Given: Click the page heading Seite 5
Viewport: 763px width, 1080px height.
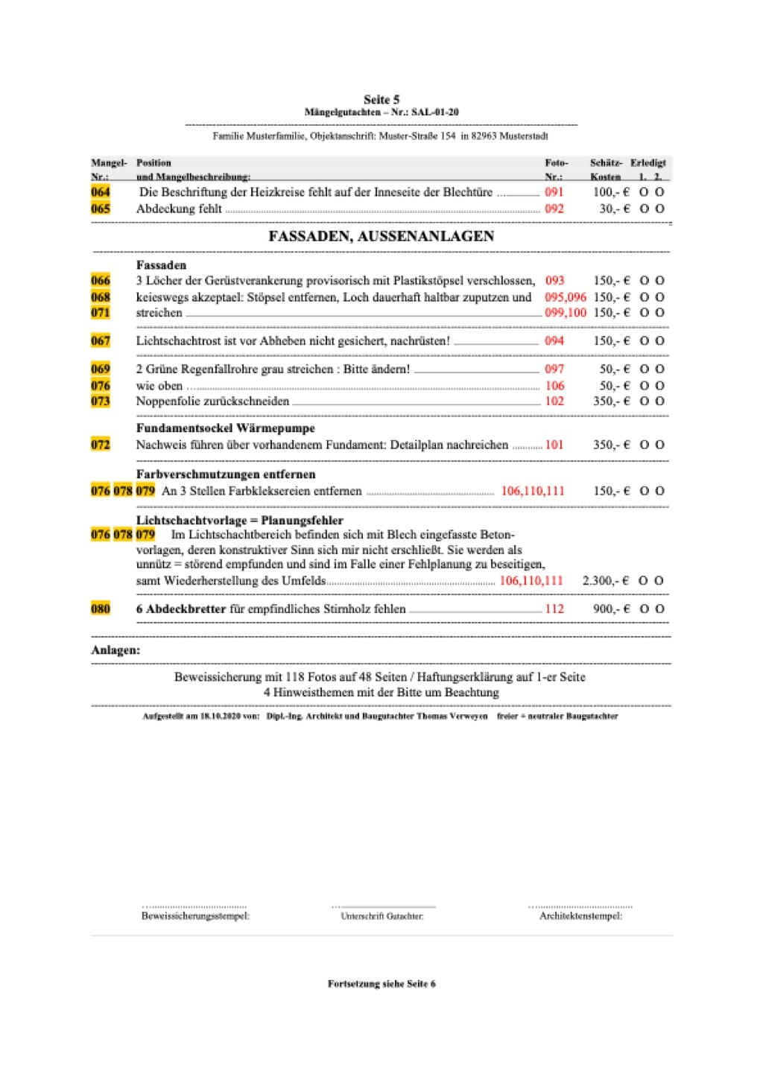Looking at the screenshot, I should point(381,99).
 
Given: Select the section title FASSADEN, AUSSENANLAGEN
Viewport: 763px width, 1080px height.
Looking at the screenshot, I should point(381,236).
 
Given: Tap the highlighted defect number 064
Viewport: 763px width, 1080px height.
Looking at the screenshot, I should point(101,192).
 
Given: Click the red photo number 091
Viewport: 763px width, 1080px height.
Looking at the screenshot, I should point(554,192).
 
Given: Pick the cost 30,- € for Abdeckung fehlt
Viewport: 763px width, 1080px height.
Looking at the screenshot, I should point(614,209).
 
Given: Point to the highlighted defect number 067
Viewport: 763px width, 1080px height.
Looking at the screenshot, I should point(101,341).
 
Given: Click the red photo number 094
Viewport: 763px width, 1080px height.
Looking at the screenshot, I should point(554,341).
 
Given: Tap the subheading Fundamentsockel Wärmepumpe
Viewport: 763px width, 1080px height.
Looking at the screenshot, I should point(225,428).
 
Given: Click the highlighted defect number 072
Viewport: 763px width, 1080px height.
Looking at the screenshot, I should point(101,445).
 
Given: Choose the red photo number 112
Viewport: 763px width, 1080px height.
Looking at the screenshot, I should point(554,609).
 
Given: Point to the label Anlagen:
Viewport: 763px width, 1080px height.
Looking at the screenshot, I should point(115,650).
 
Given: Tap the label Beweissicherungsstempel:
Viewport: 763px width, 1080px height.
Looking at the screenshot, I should point(195,916).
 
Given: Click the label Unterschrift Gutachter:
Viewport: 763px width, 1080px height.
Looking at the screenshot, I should point(381,916).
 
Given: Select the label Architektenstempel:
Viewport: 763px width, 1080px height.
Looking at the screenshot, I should point(580,916).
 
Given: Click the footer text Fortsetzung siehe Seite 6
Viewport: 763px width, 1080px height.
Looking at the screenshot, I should point(381,984).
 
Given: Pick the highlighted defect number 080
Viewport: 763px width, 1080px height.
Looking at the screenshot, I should point(101,609).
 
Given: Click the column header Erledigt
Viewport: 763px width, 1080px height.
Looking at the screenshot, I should point(648,163).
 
